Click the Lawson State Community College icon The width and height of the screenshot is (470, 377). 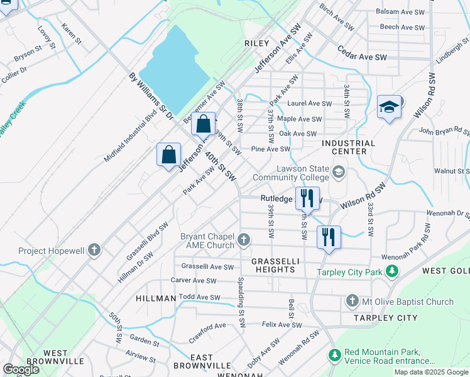pos(339,172)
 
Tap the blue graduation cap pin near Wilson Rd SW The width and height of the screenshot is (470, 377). pos(389,107)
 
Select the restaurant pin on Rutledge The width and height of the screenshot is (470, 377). pos(307,199)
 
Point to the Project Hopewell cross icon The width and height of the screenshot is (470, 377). pos(94,251)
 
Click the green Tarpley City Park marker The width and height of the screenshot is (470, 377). pos(392,272)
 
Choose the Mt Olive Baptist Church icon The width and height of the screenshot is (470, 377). pos(352,302)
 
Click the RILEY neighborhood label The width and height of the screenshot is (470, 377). pos(256,43)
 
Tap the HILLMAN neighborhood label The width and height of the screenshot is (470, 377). pos(155,298)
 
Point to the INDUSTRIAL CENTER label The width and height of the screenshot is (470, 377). pos(348,147)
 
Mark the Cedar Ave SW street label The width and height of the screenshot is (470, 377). pos(362,53)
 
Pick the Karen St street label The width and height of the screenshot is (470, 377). pos(72,33)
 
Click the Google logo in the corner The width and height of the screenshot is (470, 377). pos(21,369)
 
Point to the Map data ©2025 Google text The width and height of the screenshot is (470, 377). pos(430,372)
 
